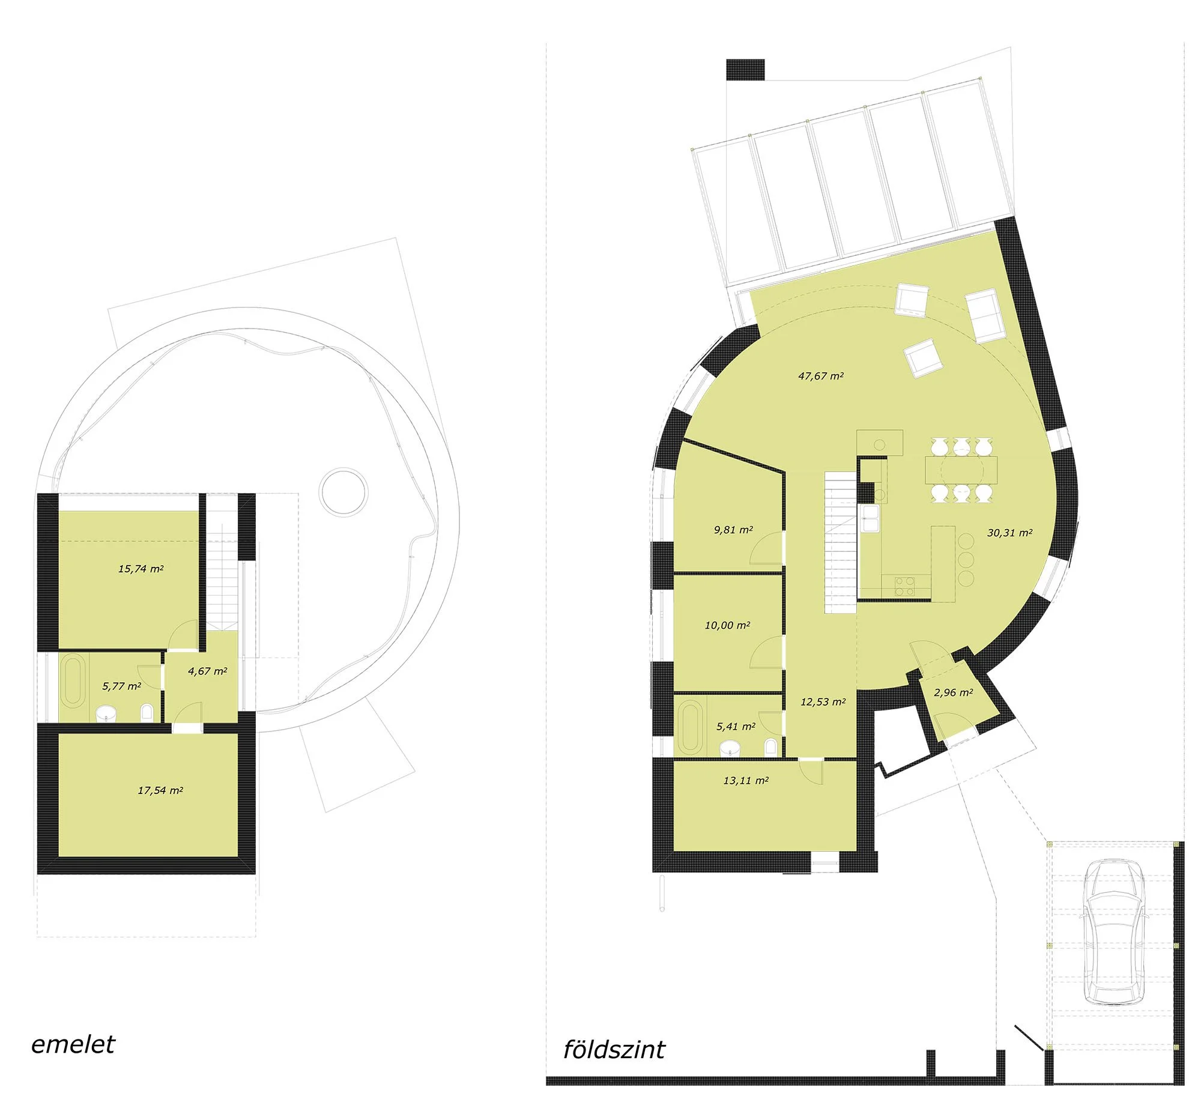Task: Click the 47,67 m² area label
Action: click(x=820, y=376)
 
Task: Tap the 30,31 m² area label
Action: click(x=1009, y=532)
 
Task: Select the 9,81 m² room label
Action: click(x=733, y=530)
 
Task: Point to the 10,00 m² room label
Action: click(x=727, y=625)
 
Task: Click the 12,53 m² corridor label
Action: click(x=823, y=701)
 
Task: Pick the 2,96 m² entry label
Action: click(x=953, y=692)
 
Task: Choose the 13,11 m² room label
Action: click(x=746, y=781)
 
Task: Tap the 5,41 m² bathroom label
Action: click(x=736, y=727)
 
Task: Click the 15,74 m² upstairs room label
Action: click(x=141, y=569)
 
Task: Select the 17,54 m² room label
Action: click(x=160, y=790)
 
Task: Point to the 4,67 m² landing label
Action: click(x=207, y=671)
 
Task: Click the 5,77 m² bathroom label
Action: click(x=122, y=686)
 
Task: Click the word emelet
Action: click(x=73, y=1044)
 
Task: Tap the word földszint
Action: click(x=614, y=1050)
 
